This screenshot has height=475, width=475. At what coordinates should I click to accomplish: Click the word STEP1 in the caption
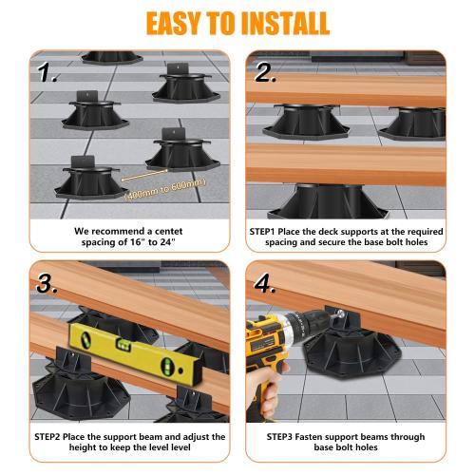pos(268,230)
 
